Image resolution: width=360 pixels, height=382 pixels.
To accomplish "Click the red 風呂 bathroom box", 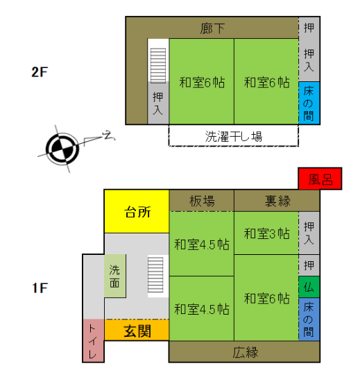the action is [x=320, y=178].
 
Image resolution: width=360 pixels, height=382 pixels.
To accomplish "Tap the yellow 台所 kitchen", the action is [x=137, y=211].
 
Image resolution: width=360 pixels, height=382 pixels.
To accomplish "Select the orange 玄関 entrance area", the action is [x=137, y=330].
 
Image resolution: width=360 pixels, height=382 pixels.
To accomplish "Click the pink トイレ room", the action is [x=94, y=340].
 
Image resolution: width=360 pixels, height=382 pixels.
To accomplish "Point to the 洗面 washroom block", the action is [x=115, y=276].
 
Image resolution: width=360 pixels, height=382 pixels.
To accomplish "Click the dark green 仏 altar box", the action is [x=309, y=287].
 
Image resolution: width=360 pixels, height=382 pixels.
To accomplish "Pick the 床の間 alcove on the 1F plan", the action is [x=309, y=319].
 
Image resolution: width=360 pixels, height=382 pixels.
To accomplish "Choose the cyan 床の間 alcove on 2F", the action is [x=309, y=103].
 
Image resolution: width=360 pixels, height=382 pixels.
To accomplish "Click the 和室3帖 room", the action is [x=266, y=233].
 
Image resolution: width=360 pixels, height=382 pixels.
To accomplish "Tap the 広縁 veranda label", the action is [x=245, y=352].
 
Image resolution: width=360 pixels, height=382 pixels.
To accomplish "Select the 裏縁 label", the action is [x=277, y=201].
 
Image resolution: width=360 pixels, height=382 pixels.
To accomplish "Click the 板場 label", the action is [x=202, y=201].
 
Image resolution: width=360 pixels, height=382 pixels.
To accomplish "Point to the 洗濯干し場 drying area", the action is [x=234, y=135].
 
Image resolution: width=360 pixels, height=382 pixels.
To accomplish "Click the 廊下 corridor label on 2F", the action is [x=212, y=28].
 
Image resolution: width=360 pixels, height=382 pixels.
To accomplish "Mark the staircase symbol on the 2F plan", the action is [x=158, y=66].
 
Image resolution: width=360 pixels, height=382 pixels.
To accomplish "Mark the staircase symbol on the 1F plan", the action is [x=155, y=274].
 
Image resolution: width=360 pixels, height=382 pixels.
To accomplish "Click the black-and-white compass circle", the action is [x=62, y=149].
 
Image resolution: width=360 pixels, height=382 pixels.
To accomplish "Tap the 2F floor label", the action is [x=40, y=72].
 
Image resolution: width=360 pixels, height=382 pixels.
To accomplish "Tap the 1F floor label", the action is [x=40, y=288].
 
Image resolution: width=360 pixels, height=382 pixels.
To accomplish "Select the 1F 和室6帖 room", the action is [x=266, y=298].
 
